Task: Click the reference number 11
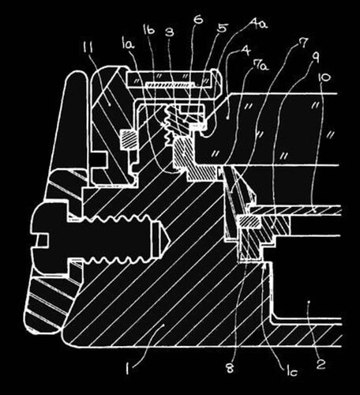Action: (87, 47)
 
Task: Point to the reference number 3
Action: (170, 32)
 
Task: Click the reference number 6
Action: (198, 20)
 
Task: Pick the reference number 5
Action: (222, 28)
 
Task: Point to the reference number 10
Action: (324, 77)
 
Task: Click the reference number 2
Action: (321, 364)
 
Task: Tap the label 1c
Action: (292, 371)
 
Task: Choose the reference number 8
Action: (230, 368)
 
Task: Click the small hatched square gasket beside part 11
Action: (129, 139)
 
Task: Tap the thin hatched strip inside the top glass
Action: (171, 84)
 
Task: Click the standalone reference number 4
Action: (246, 51)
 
